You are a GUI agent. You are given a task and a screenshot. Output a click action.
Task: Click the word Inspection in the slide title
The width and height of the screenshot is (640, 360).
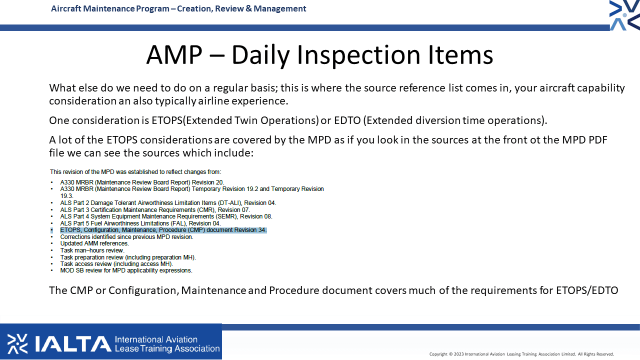point(358,55)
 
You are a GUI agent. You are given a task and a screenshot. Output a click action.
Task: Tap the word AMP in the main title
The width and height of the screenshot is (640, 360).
point(174,54)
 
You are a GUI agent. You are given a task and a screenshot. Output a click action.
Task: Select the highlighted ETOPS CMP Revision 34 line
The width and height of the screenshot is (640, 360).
point(163,230)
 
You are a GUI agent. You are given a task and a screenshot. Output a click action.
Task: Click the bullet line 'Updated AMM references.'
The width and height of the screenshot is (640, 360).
point(94,243)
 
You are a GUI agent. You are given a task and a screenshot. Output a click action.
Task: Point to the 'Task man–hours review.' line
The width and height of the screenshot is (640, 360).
point(92,250)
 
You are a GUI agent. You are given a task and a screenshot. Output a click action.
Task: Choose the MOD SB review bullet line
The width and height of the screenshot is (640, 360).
point(126,270)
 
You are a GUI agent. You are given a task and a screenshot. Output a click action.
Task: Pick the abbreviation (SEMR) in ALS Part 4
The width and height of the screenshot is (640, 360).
point(226,216)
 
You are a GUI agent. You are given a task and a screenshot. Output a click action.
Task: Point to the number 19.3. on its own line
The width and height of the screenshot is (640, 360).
point(67,196)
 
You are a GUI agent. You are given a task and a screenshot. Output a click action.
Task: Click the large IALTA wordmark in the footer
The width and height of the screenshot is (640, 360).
point(73,343)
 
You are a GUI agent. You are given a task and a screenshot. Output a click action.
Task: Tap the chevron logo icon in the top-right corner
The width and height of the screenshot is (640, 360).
point(624,15)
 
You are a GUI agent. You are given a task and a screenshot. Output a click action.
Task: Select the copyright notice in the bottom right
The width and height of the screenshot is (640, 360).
point(521,354)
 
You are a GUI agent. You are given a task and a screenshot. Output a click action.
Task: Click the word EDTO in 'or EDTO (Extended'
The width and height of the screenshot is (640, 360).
point(347,120)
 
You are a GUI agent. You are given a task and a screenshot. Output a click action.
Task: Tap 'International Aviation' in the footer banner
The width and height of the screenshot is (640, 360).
point(156,339)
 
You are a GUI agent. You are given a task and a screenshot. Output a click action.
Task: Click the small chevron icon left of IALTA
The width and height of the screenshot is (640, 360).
point(17,343)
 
